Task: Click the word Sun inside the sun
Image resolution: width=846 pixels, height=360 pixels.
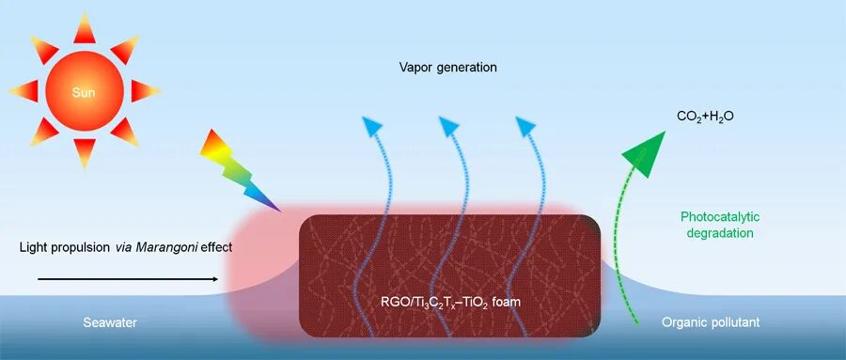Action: pos(84,92)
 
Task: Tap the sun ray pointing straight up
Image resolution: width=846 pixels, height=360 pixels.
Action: pos(85,28)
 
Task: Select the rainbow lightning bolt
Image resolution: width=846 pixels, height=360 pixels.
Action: pos(239,170)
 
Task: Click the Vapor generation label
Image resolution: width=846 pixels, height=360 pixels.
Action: pos(447,68)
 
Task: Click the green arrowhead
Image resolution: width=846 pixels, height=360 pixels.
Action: pos(644,154)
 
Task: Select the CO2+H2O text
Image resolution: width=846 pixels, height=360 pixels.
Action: pos(706,116)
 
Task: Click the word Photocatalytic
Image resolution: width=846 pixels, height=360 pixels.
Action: pos(720,217)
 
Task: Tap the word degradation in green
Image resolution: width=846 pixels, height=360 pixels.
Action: pos(720,234)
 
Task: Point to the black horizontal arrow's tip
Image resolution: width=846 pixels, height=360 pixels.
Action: pos(218,279)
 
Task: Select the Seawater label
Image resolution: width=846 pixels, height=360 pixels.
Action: pos(110,322)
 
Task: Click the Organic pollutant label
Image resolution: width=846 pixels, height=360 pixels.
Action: pos(711,322)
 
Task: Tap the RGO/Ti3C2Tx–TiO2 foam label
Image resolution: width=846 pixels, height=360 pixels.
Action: pos(450,302)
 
